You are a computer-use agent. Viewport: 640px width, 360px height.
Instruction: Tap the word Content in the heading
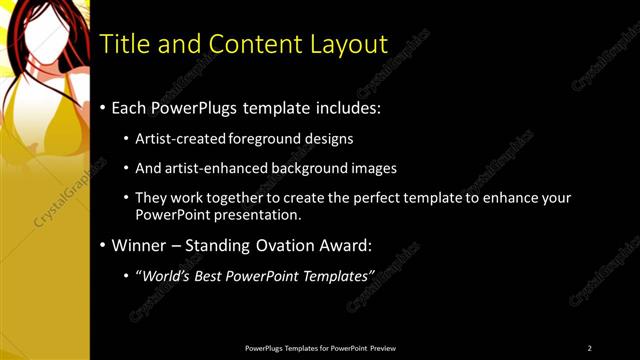point(249,44)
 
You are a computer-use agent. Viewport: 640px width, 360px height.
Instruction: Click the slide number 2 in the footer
point(590,347)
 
